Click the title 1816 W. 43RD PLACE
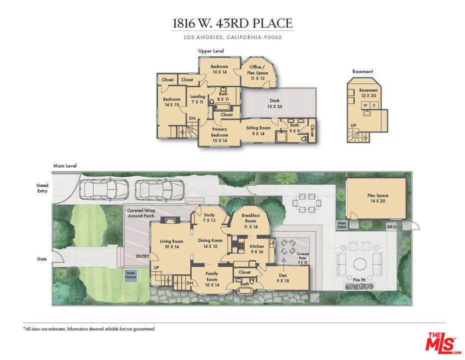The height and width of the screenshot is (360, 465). (x=232, y=23)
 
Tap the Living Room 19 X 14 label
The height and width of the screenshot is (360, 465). (x=171, y=244)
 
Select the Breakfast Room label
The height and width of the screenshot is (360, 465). (x=250, y=218)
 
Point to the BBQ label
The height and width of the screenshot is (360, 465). (x=391, y=227)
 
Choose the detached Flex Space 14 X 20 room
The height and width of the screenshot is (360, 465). (x=377, y=198)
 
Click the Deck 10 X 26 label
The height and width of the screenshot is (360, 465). (x=274, y=103)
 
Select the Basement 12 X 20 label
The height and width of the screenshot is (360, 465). (x=369, y=93)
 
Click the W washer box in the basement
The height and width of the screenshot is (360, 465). (x=365, y=105)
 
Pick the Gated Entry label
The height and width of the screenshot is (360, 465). (x=42, y=187)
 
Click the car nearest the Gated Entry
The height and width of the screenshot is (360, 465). (x=103, y=189)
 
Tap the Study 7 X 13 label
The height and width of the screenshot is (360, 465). (x=209, y=218)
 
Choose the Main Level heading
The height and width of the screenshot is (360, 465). (x=65, y=166)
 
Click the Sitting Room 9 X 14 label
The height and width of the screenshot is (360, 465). (x=258, y=130)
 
